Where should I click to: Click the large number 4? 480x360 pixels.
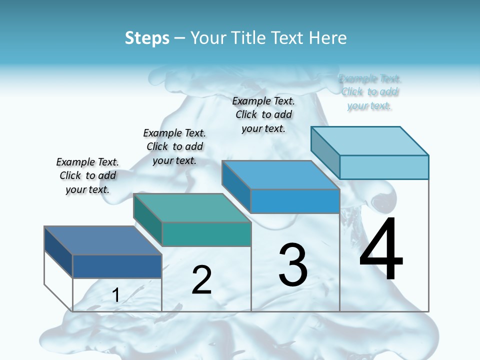[381, 248]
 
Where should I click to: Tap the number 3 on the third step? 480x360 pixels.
[293, 264]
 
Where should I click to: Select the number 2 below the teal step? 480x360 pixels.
[201, 279]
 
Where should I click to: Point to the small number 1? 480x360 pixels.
[115, 295]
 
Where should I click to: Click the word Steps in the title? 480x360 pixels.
[147, 38]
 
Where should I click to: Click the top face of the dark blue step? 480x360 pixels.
[102, 240]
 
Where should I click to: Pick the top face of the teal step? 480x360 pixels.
[191, 207]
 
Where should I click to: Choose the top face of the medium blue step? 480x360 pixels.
[280, 175]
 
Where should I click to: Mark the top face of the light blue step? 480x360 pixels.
[369, 140]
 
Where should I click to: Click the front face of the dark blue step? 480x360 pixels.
[117, 266]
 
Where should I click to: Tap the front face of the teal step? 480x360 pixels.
[206, 234]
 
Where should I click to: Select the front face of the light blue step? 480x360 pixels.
[384, 167]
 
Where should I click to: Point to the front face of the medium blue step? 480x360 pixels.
[295, 201]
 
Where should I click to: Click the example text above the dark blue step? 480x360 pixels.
[88, 175]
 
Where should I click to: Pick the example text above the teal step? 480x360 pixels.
[174, 146]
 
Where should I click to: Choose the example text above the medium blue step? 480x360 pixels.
[263, 114]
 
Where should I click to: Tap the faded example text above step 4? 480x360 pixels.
[370, 92]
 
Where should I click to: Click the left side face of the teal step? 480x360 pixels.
[148, 219]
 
